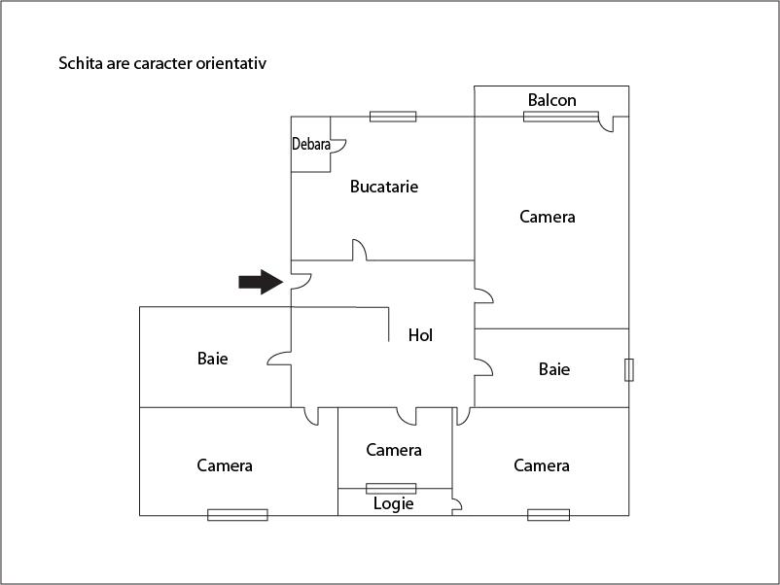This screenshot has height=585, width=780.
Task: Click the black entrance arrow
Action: point(260,282)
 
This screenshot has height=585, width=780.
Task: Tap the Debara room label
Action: point(311,145)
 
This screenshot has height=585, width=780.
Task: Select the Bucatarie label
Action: point(384,187)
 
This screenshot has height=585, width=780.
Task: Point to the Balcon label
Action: point(551,100)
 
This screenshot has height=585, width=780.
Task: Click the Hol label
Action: point(420,335)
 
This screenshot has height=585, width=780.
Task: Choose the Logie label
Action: point(394,503)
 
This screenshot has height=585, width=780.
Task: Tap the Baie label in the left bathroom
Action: point(212,359)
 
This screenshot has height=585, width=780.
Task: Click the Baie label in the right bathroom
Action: point(553,369)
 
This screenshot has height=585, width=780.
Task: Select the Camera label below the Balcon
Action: point(547,217)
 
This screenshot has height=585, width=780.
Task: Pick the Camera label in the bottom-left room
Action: point(225,465)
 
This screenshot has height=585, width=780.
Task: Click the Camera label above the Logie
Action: point(394,450)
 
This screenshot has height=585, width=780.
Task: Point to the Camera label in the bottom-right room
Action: point(542,465)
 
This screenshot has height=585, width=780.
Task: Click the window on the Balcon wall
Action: point(560,117)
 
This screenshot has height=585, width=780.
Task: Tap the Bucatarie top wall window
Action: point(393,117)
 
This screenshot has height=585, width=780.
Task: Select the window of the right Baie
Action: point(628,369)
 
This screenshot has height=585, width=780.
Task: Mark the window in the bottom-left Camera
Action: point(237,515)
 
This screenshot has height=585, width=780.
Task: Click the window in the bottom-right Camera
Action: point(549,515)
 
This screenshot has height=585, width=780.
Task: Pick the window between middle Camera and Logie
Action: point(391,488)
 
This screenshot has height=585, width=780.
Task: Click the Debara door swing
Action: point(339,146)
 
